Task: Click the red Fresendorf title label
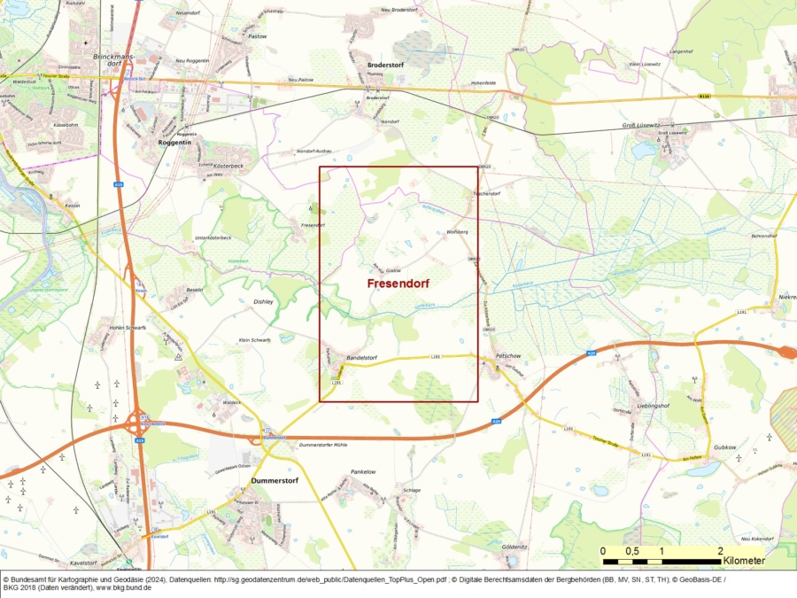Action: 398,283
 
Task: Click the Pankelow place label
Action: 364,472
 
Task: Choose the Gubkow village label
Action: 723,447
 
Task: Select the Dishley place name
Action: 264,301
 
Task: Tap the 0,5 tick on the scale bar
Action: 632,551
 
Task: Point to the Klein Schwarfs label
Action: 255,339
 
